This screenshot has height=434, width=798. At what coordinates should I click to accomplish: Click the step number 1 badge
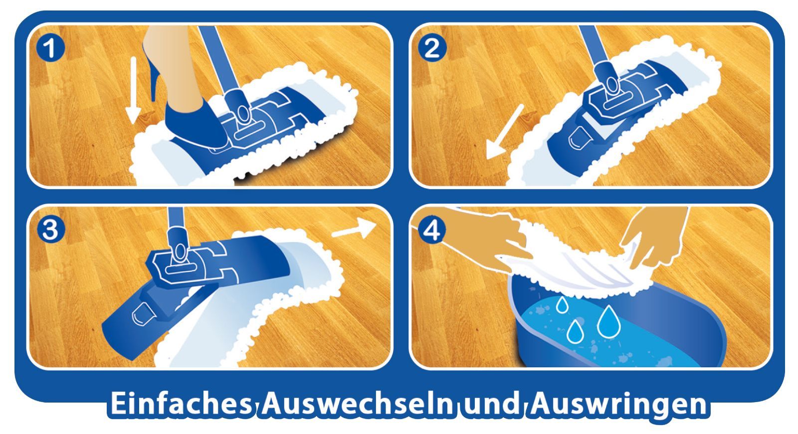50,48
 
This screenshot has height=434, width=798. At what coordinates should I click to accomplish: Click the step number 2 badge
432,48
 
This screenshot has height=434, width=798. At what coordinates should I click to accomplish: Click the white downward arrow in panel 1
134,90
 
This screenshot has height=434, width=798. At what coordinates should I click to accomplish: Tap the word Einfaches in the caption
181,404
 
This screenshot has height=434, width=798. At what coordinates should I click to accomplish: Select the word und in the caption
492,404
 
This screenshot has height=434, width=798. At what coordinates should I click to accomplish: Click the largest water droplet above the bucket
609,322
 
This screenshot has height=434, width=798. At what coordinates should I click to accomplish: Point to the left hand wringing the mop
492,239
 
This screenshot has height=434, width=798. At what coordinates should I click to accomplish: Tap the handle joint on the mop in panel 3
178,246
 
